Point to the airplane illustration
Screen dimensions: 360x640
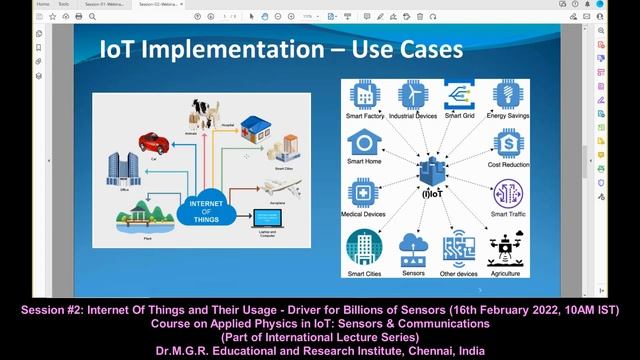tap(283, 188)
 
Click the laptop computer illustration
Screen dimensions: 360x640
tap(266, 217)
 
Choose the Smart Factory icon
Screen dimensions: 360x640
tap(362, 95)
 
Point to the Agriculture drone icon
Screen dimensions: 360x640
tap(504, 248)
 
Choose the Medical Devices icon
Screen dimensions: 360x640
tap(362, 192)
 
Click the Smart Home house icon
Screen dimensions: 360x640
tap(362, 143)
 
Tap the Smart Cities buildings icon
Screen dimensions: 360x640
tap(362, 247)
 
